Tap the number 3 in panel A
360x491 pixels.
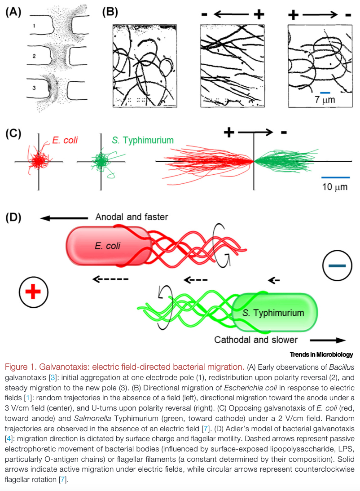(34, 88)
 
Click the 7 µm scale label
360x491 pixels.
(325, 100)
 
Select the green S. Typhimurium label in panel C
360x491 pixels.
(142, 141)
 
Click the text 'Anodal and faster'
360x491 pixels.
(132, 217)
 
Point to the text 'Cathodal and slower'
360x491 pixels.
(256, 340)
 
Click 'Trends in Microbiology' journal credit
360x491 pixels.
(321, 354)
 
